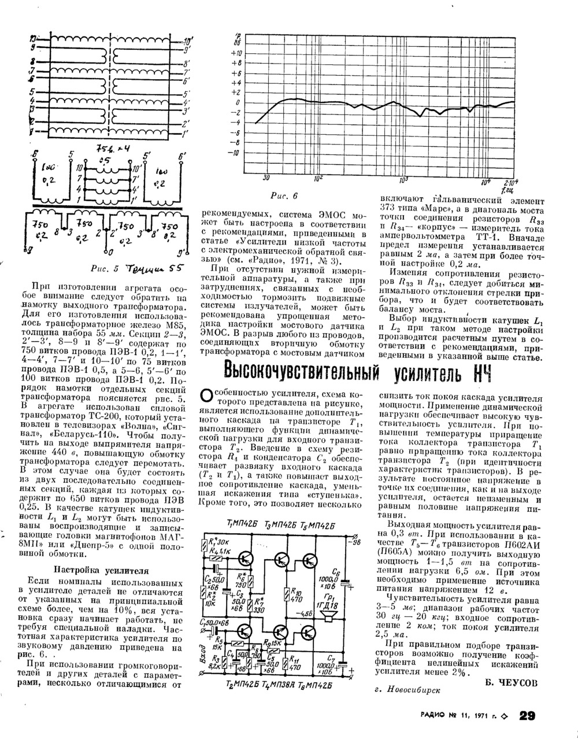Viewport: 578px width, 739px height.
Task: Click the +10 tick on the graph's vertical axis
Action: tap(236, 52)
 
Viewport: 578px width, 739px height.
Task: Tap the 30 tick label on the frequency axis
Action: tap(266, 178)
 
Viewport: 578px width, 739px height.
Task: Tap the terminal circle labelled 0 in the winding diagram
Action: tap(108, 252)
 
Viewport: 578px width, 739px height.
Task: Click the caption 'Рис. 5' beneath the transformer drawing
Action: tap(104, 268)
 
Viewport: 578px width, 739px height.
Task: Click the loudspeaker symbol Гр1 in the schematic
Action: tap(330, 618)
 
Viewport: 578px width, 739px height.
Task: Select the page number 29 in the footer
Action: tap(527, 716)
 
